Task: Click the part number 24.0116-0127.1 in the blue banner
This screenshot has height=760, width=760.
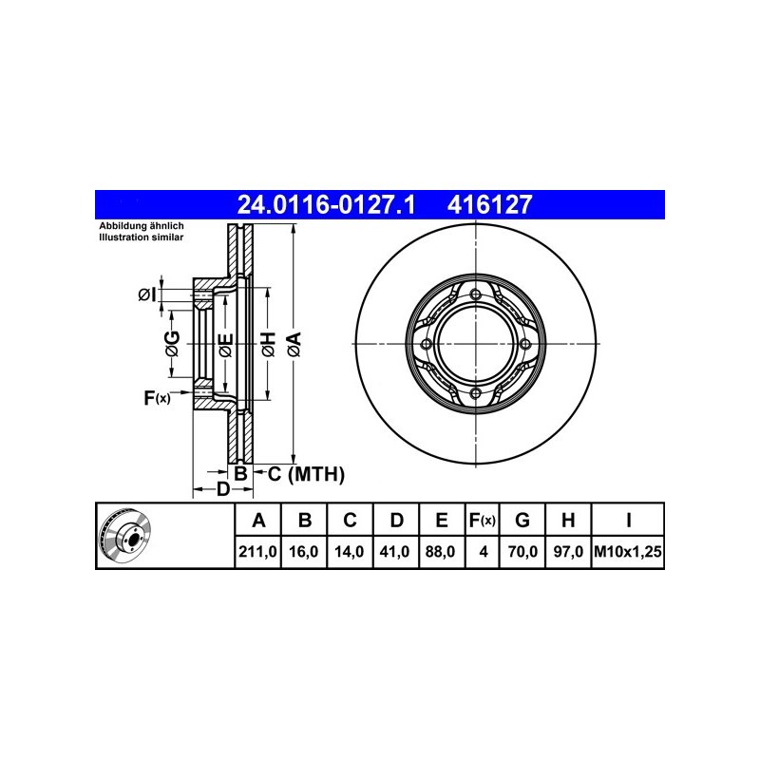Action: (326, 204)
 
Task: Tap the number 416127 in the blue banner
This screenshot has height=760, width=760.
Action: (489, 204)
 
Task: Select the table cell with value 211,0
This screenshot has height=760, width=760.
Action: (257, 552)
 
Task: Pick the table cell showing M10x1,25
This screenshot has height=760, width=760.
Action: (628, 552)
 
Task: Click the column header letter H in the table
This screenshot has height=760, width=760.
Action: (568, 520)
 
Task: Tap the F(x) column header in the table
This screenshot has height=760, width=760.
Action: (482, 520)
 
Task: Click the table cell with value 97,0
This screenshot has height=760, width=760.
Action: (568, 552)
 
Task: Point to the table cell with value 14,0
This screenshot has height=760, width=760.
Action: (349, 552)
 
